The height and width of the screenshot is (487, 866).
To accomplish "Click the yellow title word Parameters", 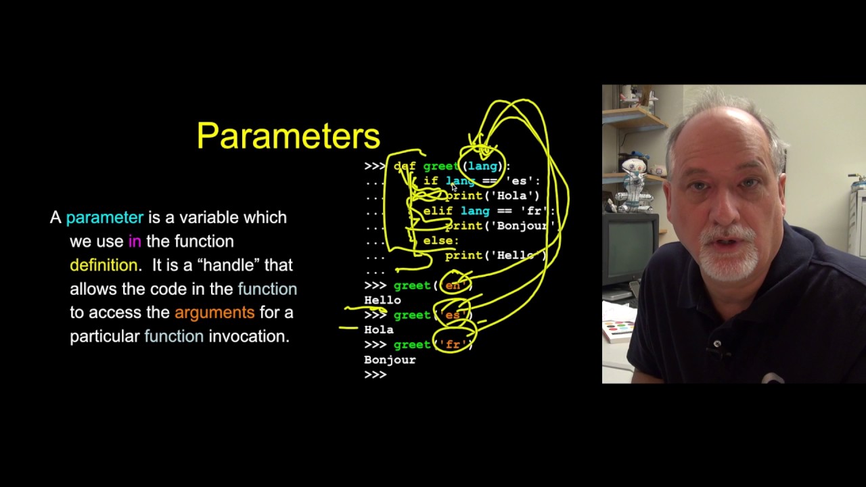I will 288,136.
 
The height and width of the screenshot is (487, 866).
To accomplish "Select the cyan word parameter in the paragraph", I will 105,218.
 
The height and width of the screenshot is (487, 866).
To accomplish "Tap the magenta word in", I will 135,241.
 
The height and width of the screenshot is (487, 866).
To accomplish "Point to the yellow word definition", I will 104,265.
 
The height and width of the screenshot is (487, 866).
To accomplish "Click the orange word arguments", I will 214,312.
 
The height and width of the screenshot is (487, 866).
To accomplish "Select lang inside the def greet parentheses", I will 482,166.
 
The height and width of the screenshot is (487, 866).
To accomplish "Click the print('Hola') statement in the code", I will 492,196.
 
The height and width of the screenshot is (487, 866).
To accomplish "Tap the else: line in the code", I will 441,241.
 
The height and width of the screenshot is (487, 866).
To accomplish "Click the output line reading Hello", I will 382,300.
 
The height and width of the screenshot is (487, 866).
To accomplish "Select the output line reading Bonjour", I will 390,360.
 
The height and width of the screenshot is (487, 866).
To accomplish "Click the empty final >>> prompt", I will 375,375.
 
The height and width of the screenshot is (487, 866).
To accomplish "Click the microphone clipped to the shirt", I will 717,345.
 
